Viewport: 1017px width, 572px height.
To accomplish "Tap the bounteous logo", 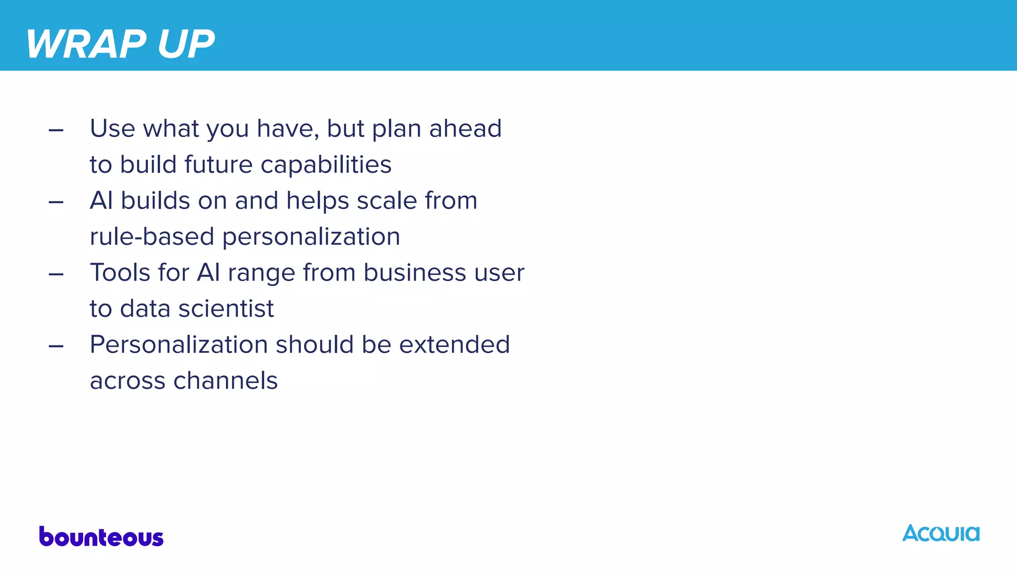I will pyautogui.click(x=101, y=537).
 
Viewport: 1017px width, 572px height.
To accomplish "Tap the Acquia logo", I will pyautogui.click(x=941, y=534).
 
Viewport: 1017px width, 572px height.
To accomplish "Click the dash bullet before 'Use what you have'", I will pyautogui.click(x=56, y=131).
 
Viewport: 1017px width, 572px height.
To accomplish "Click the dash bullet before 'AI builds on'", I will pyautogui.click(x=56, y=203).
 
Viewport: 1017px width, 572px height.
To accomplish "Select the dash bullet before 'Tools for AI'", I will pyautogui.click(x=56, y=275).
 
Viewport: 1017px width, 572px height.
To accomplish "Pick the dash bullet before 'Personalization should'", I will pyautogui.click(x=56, y=347).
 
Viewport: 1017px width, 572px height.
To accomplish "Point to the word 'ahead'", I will pyautogui.click(x=465, y=129).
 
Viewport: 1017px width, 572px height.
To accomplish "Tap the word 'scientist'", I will pyautogui.click(x=226, y=309).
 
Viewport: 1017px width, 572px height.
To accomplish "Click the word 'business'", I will pyautogui.click(x=415, y=273).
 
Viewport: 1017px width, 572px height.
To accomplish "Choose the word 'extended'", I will pyautogui.click(x=454, y=345).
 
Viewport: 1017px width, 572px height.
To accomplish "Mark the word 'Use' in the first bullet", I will pyautogui.click(x=112, y=129).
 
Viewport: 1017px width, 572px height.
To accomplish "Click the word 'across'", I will pyautogui.click(x=128, y=381).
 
